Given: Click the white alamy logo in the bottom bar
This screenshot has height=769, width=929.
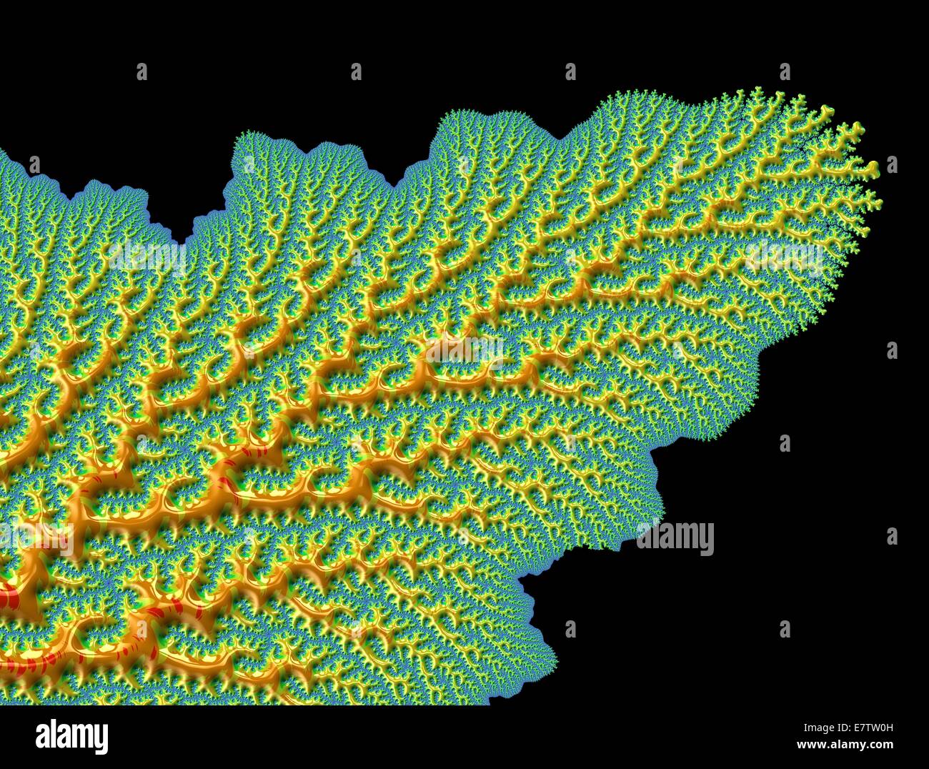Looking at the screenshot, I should point(71,736).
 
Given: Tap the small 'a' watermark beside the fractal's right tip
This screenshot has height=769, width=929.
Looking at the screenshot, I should point(892,165).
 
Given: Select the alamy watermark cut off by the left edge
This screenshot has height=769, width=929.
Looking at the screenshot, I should point(36,540).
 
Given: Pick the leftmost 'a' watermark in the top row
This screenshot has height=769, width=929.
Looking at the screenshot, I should point(141,71).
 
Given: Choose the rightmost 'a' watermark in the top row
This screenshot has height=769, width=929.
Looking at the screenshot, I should point(785,71).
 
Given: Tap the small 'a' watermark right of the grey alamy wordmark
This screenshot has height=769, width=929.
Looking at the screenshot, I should point(892,536).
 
